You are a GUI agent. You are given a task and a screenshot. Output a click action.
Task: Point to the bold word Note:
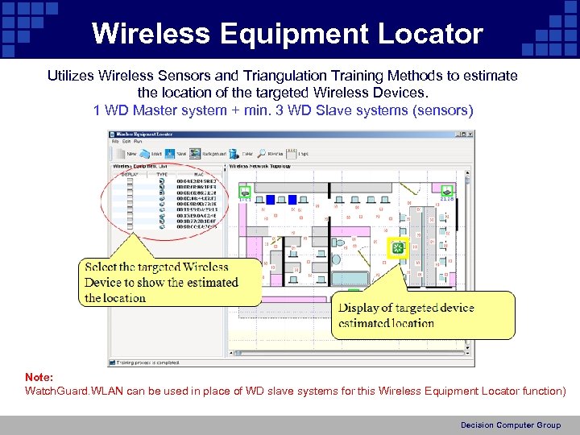click(x=39, y=377)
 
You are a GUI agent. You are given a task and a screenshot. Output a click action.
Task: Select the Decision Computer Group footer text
click(x=510, y=425)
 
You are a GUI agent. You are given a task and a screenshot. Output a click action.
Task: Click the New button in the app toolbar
click(x=128, y=153)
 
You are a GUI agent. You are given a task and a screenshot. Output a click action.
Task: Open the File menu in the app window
click(x=115, y=143)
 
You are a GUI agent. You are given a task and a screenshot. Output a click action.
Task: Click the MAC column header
click(x=198, y=173)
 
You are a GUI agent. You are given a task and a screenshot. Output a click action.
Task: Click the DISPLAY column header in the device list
click(x=130, y=173)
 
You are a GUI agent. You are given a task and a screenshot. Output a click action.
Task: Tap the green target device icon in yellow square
click(x=396, y=249)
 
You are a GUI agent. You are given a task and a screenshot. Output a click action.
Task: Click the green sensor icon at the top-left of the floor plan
click(x=244, y=192)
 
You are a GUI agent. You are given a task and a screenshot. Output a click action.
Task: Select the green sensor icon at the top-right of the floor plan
click(x=447, y=190)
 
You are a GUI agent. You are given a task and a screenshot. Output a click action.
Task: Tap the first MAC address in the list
click(x=197, y=181)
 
